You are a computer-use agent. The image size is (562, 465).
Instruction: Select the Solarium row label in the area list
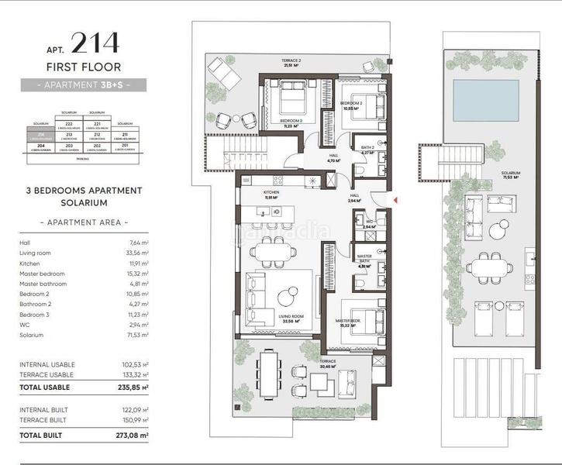click(x=32, y=336)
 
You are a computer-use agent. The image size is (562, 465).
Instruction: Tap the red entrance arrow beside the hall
click(x=398, y=201)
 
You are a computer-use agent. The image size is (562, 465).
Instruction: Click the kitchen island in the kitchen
click(x=274, y=214)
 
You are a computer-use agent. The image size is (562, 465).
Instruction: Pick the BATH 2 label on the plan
click(x=367, y=146)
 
